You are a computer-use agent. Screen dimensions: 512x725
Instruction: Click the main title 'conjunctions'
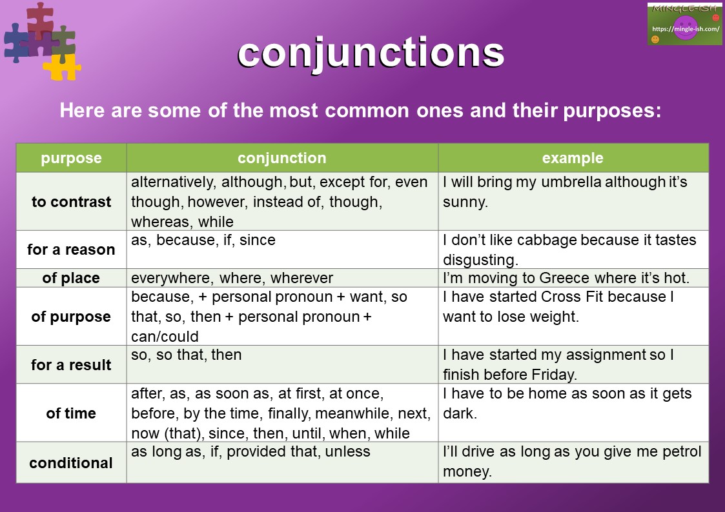point(371,54)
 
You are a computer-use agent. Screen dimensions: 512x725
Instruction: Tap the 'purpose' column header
point(71,158)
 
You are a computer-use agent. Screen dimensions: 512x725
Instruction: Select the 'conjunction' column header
point(282,158)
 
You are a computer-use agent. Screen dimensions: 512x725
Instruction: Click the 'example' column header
point(573,158)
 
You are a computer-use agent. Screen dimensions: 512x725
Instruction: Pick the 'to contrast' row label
point(71,202)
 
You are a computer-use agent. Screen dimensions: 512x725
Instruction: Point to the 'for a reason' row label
point(71,250)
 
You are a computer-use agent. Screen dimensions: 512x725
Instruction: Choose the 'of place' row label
point(71,278)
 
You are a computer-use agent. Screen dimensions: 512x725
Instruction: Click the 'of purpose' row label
point(71,317)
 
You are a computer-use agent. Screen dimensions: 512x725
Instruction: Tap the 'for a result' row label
point(71,365)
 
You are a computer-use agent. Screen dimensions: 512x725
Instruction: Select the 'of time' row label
point(71,413)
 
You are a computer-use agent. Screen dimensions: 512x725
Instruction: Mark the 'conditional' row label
point(71,463)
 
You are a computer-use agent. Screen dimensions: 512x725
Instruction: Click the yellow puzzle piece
point(63,66)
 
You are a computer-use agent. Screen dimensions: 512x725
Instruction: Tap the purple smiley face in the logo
point(685,28)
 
